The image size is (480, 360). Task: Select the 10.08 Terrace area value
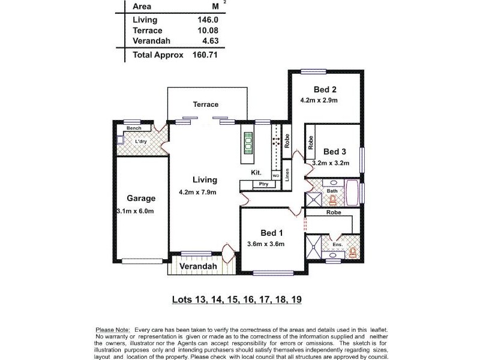tap(207, 30)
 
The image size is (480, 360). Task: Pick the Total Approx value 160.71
tap(204, 55)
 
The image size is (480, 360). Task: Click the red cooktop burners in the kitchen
tap(276, 142)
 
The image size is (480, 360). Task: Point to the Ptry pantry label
tap(263, 184)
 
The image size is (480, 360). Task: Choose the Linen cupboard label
tap(287, 175)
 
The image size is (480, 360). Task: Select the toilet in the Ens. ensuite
tap(352, 253)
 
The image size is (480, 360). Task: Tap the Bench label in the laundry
tap(133, 129)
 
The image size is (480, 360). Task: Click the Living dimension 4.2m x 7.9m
tap(197, 192)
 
